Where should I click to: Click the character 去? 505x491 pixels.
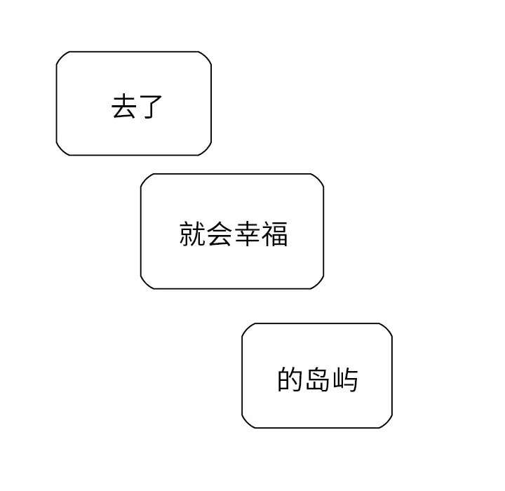coord(123,107)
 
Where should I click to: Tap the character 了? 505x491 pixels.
coord(150,107)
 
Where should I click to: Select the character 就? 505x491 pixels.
coord(192,234)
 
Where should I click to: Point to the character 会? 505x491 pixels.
coord(220,234)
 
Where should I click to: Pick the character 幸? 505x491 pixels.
coord(247,234)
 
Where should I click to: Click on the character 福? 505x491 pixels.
coord(274,234)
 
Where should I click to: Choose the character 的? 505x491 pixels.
coord(290,379)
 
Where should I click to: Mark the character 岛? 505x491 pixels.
coord(318,379)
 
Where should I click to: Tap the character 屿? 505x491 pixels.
coord(345,379)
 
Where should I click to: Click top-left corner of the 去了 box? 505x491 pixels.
coord(56,51)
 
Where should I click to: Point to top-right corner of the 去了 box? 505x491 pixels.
coord(212,51)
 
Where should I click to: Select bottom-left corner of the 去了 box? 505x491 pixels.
coord(56,156)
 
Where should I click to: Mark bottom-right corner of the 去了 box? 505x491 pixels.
coord(212,156)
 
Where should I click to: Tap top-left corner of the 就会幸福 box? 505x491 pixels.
coord(140,174)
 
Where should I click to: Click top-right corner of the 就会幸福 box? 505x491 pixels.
coord(324,174)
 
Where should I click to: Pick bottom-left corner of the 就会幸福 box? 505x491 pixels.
coord(140,289)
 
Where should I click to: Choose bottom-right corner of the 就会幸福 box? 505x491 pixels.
coord(324,289)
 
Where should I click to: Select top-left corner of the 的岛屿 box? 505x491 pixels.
coord(241,323)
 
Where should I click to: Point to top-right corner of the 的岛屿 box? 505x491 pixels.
coord(393,323)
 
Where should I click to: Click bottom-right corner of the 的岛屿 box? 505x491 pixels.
coord(393,428)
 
